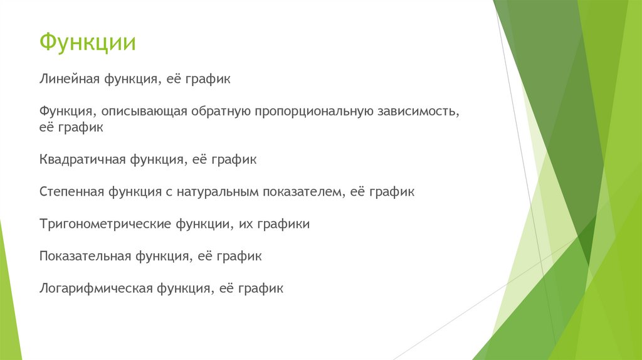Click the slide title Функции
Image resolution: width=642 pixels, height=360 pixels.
(x=88, y=43)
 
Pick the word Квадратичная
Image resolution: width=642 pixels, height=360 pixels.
(x=82, y=159)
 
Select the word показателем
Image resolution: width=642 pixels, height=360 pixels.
(x=304, y=191)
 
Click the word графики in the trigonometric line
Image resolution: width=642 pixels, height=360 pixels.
(x=283, y=224)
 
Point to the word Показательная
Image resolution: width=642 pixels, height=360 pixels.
(x=85, y=256)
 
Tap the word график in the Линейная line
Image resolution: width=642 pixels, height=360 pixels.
(x=209, y=80)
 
